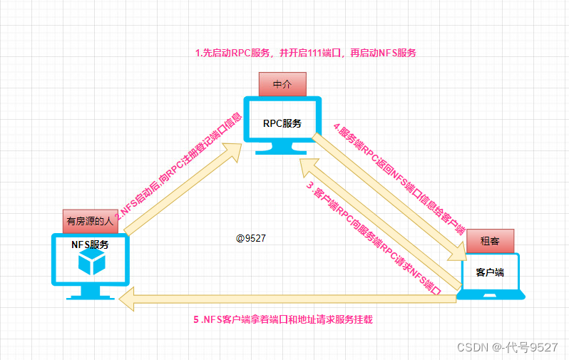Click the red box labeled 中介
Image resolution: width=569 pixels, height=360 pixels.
tap(282, 84)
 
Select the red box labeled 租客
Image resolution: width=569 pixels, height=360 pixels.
tap(490, 242)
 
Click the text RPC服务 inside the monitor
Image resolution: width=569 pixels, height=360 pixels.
tap(282, 123)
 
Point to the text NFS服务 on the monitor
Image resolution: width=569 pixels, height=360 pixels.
tap(90, 245)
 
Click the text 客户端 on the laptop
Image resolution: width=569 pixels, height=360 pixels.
tap(490, 272)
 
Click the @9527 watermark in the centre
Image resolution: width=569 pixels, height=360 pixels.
tap(251, 238)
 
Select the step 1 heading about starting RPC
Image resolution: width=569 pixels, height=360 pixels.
tap(306, 53)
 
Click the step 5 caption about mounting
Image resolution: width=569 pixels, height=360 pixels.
tap(283, 320)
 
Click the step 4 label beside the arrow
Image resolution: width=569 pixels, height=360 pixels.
tap(399, 178)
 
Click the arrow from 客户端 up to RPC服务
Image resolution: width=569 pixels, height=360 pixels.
tap(378, 221)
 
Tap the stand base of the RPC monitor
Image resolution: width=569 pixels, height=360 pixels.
tap(282, 151)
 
